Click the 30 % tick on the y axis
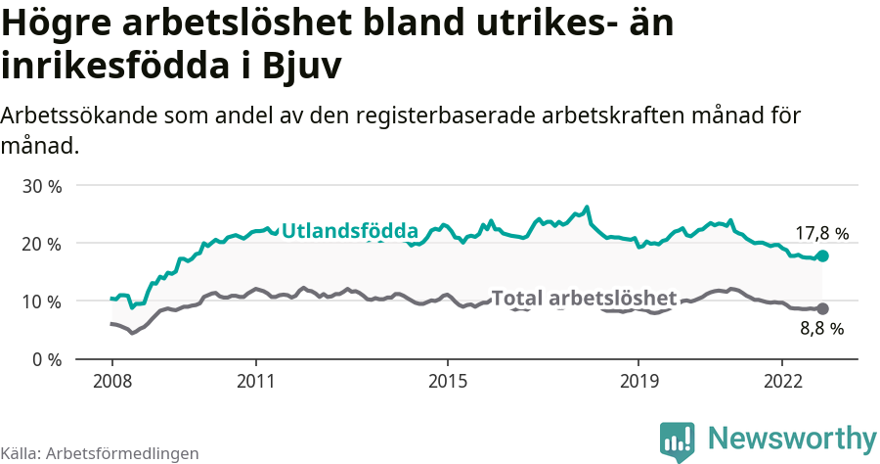[41, 186]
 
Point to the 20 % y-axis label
[41, 244]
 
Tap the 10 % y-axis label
[41, 302]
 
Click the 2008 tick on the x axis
[111, 381]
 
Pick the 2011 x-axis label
[255, 381]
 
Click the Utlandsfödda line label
[349, 231]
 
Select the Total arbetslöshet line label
[584, 298]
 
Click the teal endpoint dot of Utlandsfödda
[822, 255]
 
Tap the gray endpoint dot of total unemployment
[822, 308]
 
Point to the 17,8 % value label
[821, 234]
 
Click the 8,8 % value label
[821, 329]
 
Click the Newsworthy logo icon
[678, 441]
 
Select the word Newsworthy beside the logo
[792, 439]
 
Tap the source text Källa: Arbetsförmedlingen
[100, 453]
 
